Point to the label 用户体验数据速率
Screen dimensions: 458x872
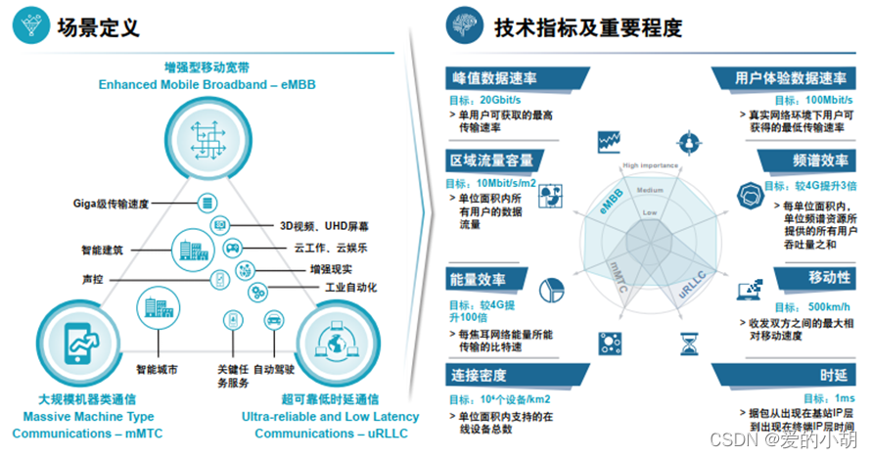point(791,79)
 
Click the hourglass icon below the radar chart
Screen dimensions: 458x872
point(690,342)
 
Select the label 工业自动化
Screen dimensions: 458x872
point(350,288)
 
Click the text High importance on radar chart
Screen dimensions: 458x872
point(651,165)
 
